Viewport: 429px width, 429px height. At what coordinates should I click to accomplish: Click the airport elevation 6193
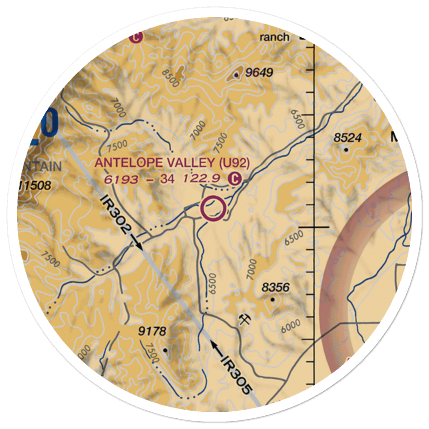click(121, 179)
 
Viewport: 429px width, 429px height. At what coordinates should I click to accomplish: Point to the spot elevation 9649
click(260, 73)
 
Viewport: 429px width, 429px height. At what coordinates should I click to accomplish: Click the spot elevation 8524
click(348, 138)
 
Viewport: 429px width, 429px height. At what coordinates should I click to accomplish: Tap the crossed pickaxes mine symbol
click(245, 320)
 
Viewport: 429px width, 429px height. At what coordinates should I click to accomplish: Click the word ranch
click(275, 37)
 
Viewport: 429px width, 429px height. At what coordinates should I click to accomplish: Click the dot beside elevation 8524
click(346, 149)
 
